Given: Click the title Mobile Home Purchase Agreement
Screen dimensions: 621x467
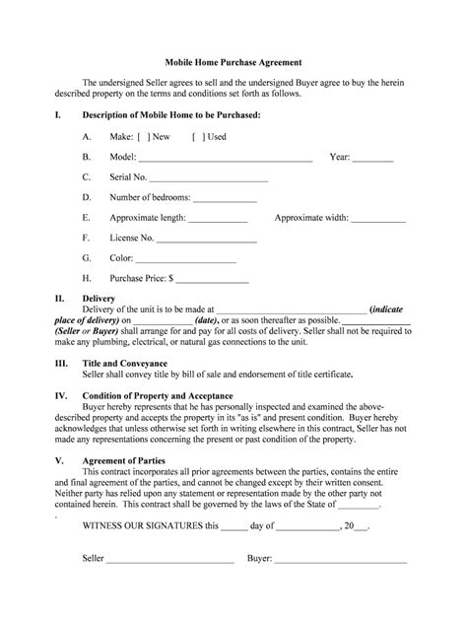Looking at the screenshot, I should click(233, 61).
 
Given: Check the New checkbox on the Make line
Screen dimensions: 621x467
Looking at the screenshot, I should click(144, 137).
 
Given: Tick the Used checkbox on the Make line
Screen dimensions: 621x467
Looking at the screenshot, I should click(197, 137).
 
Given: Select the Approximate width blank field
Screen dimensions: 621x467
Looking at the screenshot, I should click(371, 219).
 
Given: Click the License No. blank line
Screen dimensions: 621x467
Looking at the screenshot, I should click(207, 240).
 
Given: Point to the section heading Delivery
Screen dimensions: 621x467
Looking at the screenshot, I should click(99, 298).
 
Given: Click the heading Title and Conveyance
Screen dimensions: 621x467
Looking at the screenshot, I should click(124, 364).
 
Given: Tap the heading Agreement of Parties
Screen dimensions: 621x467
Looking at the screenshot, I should click(123, 460).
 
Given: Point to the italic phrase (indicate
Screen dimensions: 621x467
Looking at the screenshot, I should click(390, 309).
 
